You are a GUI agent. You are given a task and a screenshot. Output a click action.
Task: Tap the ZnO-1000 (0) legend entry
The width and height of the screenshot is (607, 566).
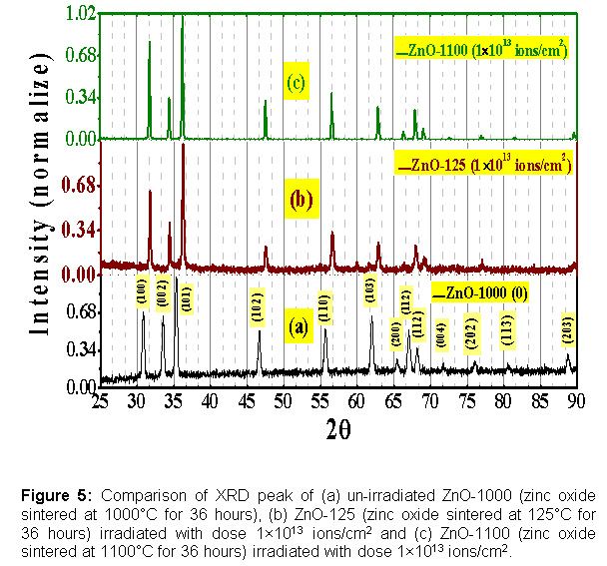point(478,293)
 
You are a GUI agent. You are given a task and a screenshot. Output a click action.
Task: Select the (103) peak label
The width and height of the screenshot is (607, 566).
point(370,290)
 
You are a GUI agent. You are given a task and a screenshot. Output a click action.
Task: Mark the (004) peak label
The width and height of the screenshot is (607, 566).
point(441,331)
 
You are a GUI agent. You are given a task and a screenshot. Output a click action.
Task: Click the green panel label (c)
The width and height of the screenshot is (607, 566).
point(295,82)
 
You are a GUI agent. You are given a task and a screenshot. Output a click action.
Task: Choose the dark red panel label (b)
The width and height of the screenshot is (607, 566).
point(301,200)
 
